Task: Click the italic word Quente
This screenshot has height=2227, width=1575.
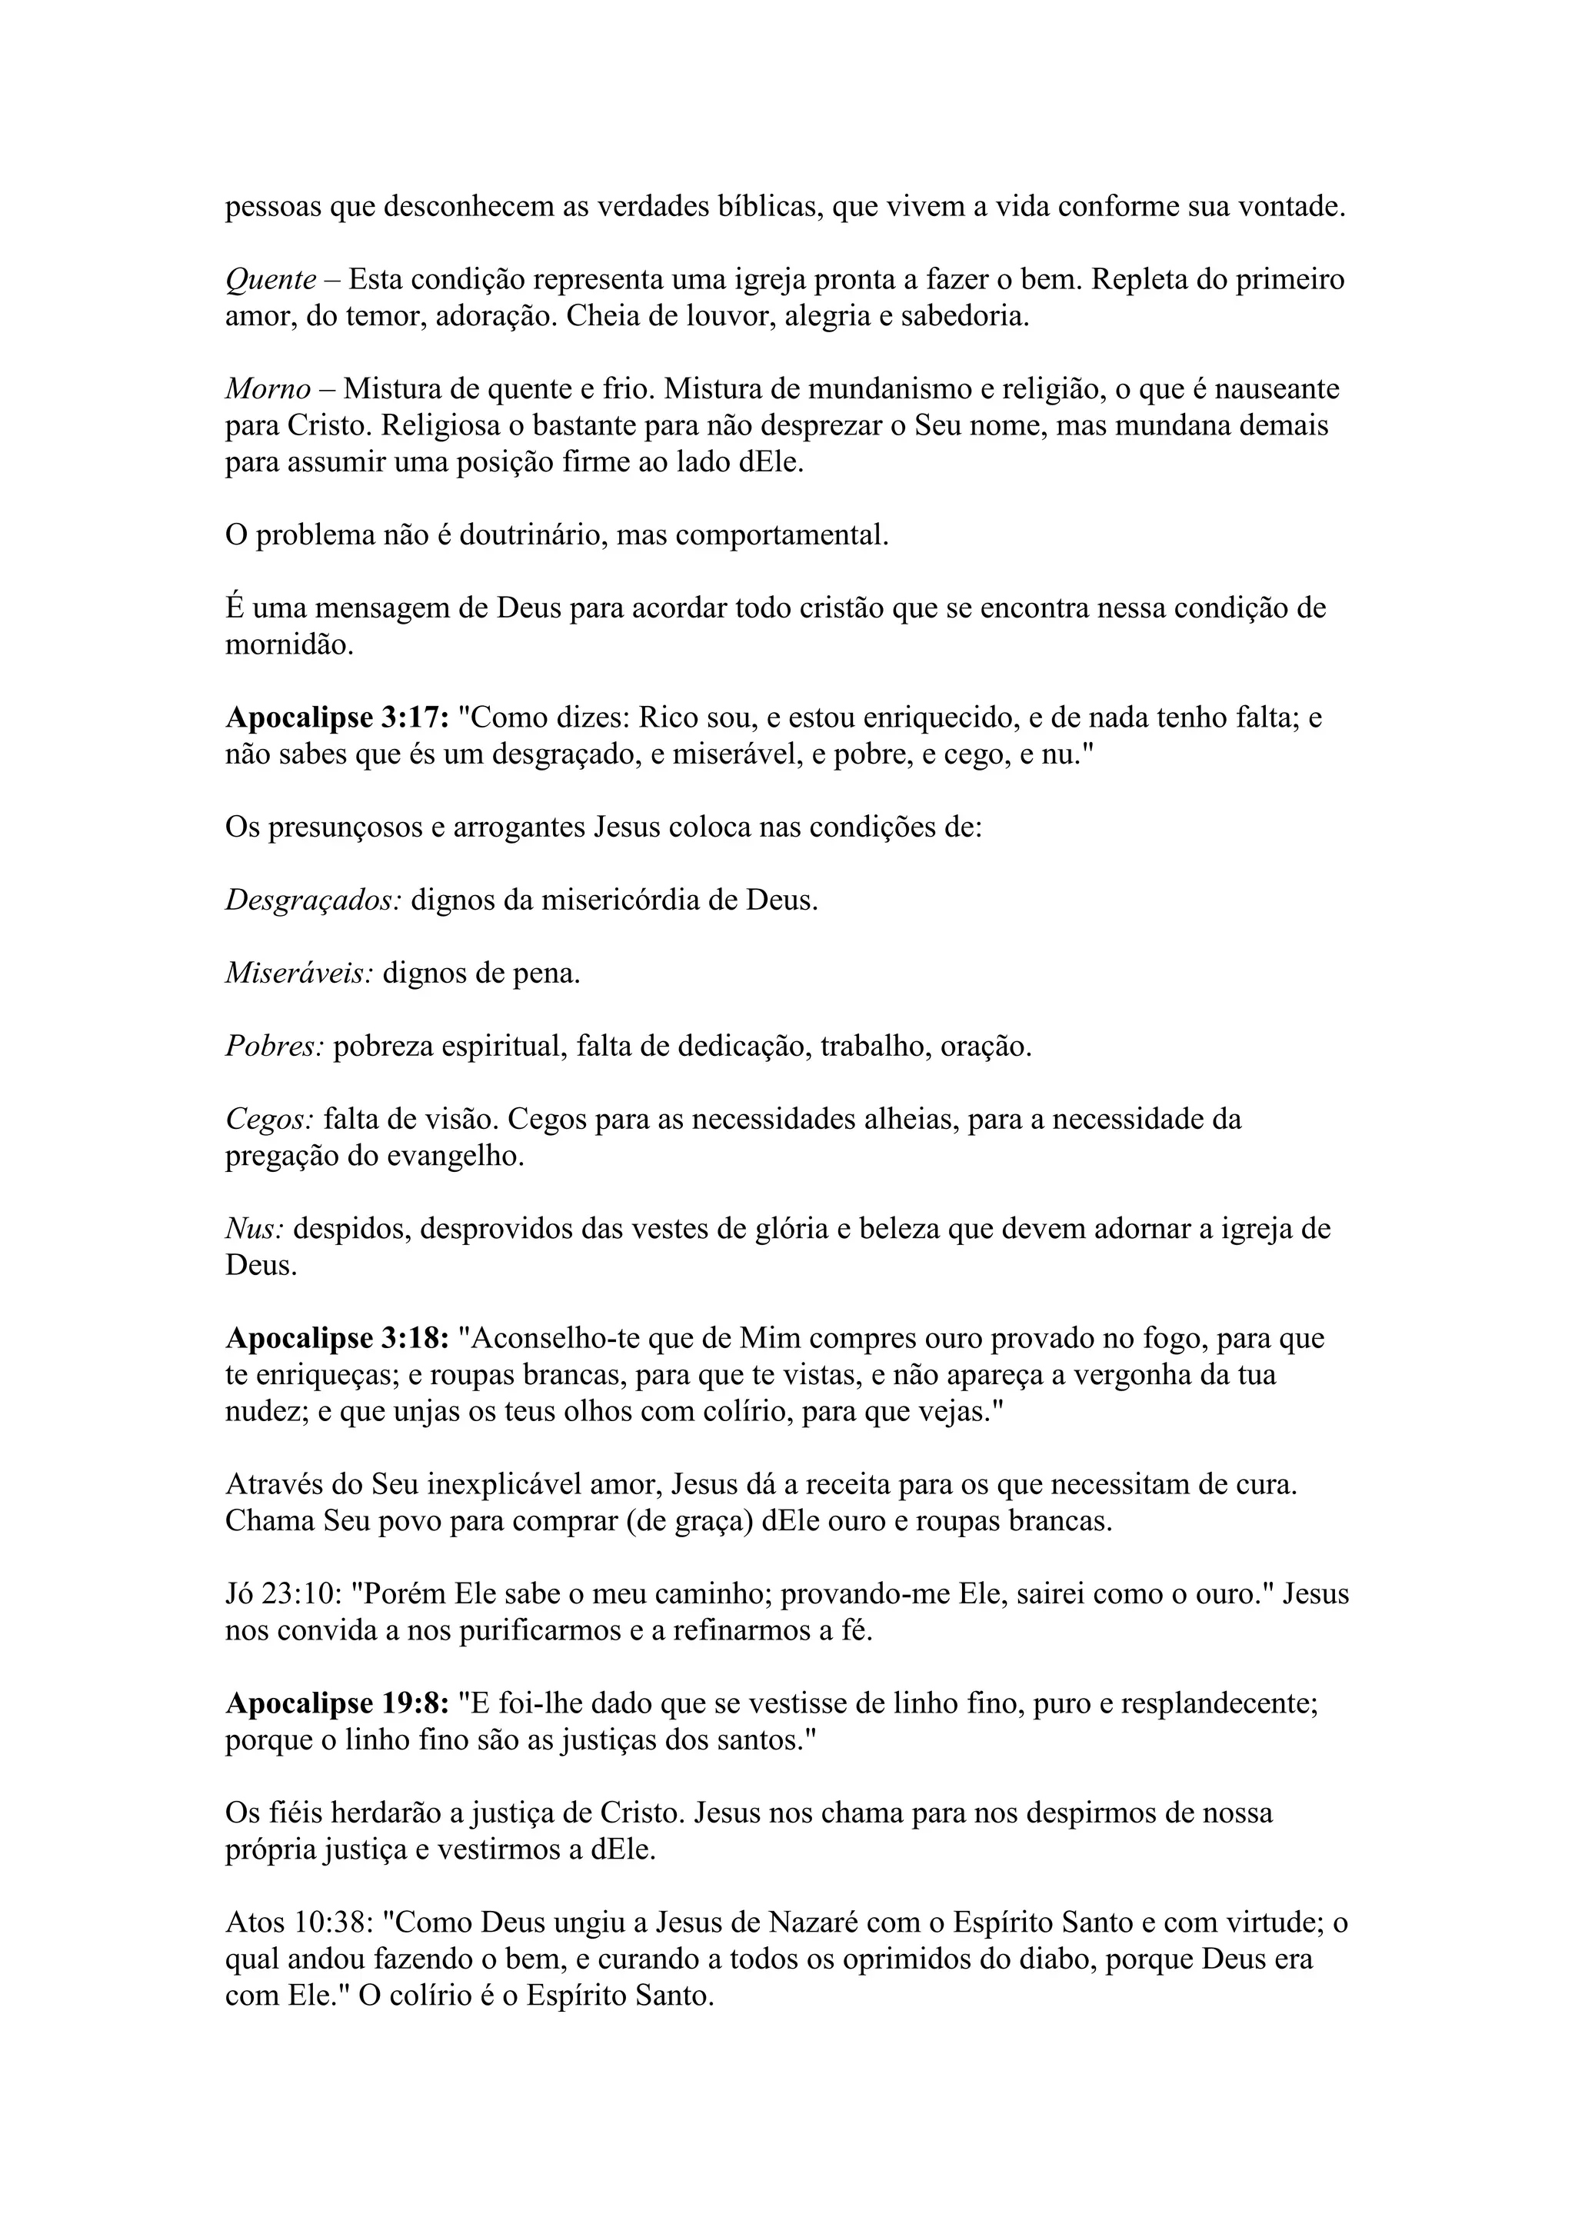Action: point(271,281)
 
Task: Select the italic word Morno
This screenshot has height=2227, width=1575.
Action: point(268,390)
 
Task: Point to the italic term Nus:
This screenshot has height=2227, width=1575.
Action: point(254,1230)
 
